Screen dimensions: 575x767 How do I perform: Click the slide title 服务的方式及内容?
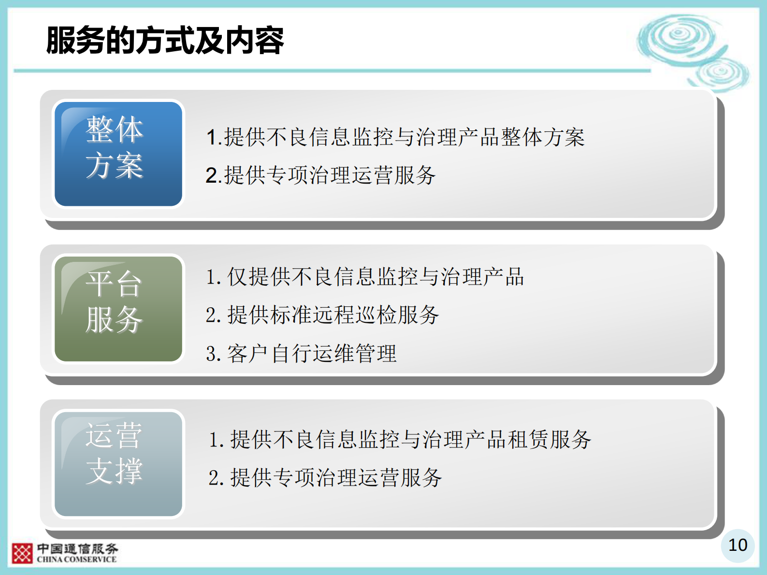tap(165, 40)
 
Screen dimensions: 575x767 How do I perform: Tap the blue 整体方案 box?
tap(118, 154)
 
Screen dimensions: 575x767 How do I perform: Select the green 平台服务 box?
tap(118, 309)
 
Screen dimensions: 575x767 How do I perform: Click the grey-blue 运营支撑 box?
tap(118, 463)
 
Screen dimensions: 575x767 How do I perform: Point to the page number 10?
tap(738, 545)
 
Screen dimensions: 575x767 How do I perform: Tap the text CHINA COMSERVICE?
tap(77, 560)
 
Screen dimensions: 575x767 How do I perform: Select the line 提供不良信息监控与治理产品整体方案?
tap(395, 137)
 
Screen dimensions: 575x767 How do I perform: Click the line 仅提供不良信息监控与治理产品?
tap(365, 277)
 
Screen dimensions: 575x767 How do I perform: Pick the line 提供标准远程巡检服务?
tap(322, 315)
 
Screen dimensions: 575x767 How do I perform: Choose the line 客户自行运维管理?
tap(301, 354)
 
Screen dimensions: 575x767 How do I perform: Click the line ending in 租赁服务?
tap(400, 440)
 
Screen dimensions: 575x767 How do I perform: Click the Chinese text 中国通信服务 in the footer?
tap(78, 549)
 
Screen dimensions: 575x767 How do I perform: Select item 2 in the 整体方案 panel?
tap(320, 175)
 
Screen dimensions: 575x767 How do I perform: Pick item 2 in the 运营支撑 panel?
tap(325, 478)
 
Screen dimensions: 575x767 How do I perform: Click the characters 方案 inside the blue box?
tap(115, 166)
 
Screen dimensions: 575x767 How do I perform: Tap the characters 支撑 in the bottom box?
tap(114, 471)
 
